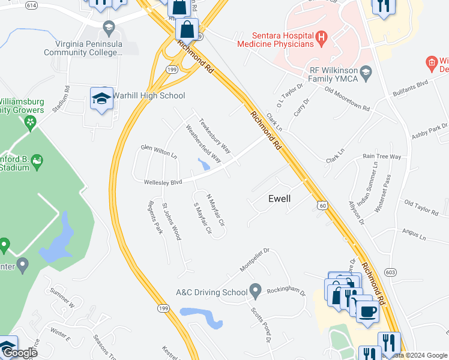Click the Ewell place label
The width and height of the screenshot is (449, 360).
pyautogui.click(x=279, y=199)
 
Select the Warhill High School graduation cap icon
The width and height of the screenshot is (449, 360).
pyautogui.click(x=101, y=98)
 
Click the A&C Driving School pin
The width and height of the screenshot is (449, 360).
pyautogui.click(x=255, y=292)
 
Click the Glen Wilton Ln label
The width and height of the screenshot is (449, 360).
pyautogui.click(x=159, y=151)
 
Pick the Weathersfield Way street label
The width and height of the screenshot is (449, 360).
pyautogui.click(x=203, y=145)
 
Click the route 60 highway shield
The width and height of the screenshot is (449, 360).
pyautogui.click(x=323, y=205)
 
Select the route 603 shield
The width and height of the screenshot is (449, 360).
pyautogui.click(x=390, y=272)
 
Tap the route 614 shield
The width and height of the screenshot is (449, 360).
pyautogui.click(x=32, y=5)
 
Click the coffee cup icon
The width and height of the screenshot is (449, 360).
pyautogui.click(x=366, y=311)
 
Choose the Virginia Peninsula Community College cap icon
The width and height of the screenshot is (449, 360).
pyautogui.click(x=109, y=27)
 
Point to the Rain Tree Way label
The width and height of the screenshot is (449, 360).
pyautogui.click(x=382, y=157)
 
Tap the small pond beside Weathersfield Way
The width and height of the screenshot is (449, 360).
pyautogui.click(x=203, y=164)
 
